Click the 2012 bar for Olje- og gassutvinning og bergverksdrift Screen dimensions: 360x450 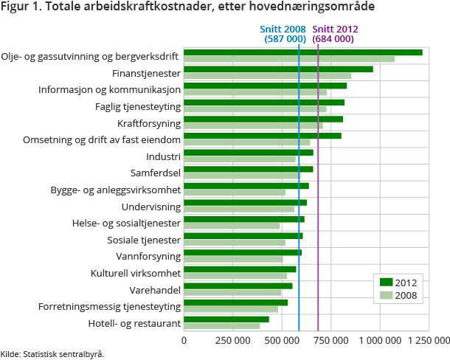point(302,52)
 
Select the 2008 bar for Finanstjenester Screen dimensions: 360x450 point(267,75)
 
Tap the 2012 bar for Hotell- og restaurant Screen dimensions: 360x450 point(226,319)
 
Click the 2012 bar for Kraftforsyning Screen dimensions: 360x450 point(263,119)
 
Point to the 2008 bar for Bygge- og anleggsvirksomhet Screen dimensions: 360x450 point(234,193)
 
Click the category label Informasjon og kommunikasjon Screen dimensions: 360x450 point(109,89)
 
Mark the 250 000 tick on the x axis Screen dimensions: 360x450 point(232,341)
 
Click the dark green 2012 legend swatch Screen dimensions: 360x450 point(386,282)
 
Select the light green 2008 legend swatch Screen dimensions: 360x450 point(386,296)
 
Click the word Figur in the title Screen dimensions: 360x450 point(16,7)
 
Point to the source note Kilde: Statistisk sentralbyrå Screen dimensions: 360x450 point(52,354)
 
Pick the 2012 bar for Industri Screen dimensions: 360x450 point(248,153)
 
